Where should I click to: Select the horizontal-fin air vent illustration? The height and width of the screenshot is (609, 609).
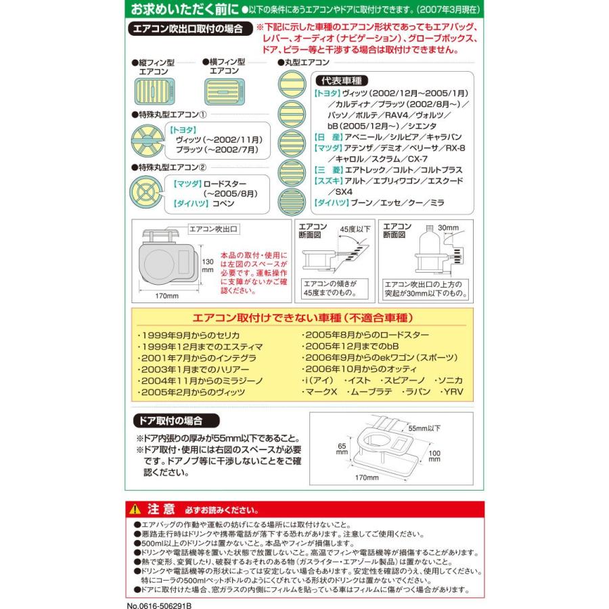[223, 89]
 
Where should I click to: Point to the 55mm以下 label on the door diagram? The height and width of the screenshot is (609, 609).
[425, 428]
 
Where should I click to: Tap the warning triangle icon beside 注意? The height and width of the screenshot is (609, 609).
[136, 509]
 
